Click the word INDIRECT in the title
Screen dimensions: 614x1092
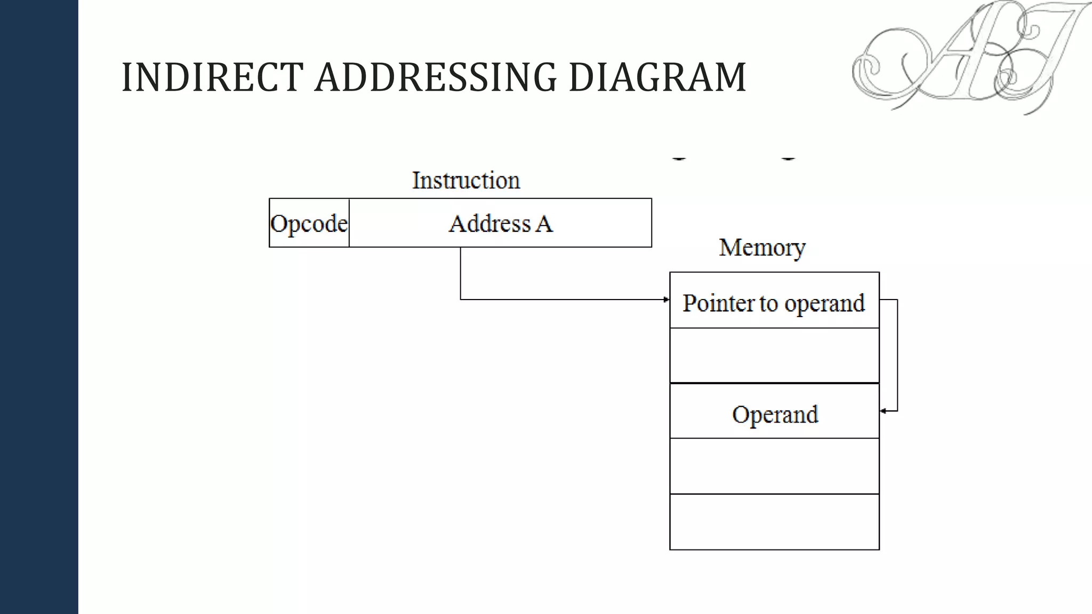click(x=212, y=77)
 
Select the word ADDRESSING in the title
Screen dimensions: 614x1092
click(x=436, y=77)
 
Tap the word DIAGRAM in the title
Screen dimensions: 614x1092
click(x=657, y=77)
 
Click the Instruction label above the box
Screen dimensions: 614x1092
click(x=465, y=180)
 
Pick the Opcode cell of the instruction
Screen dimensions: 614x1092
click(x=309, y=223)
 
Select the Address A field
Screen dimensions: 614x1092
click(x=500, y=223)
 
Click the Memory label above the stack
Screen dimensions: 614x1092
click(x=762, y=247)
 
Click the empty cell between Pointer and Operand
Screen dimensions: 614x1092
click(x=774, y=356)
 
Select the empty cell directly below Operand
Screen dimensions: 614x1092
click(x=774, y=466)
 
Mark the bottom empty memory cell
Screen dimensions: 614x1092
click(x=774, y=522)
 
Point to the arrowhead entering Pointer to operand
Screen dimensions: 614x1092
click(x=667, y=300)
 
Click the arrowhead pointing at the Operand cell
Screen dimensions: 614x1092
click(x=883, y=411)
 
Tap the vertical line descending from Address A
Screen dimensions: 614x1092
click(x=461, y=273)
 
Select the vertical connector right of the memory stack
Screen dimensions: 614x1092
click(x=897, y=356)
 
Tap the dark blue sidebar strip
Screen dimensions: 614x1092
click(x=39, y=307)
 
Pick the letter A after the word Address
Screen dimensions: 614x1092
click(x=544, y=223)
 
